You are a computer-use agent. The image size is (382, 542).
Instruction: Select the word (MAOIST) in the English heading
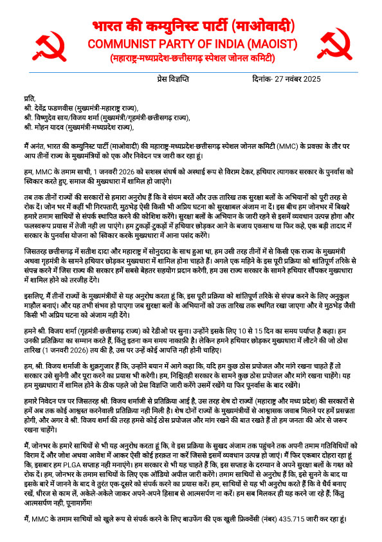(x=285, y=44)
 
